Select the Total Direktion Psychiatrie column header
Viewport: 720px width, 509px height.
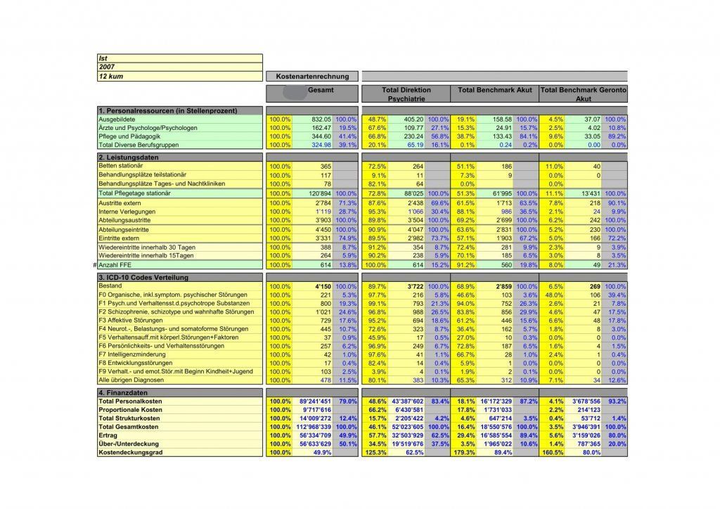point(406,95)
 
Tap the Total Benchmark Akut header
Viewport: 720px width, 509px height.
point(494,91)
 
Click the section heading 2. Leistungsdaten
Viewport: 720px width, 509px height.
point(127,157)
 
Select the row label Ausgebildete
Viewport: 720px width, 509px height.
point(117,120)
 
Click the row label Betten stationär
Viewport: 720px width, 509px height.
point(123,165)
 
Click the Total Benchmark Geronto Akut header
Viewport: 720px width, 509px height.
point(583,95)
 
